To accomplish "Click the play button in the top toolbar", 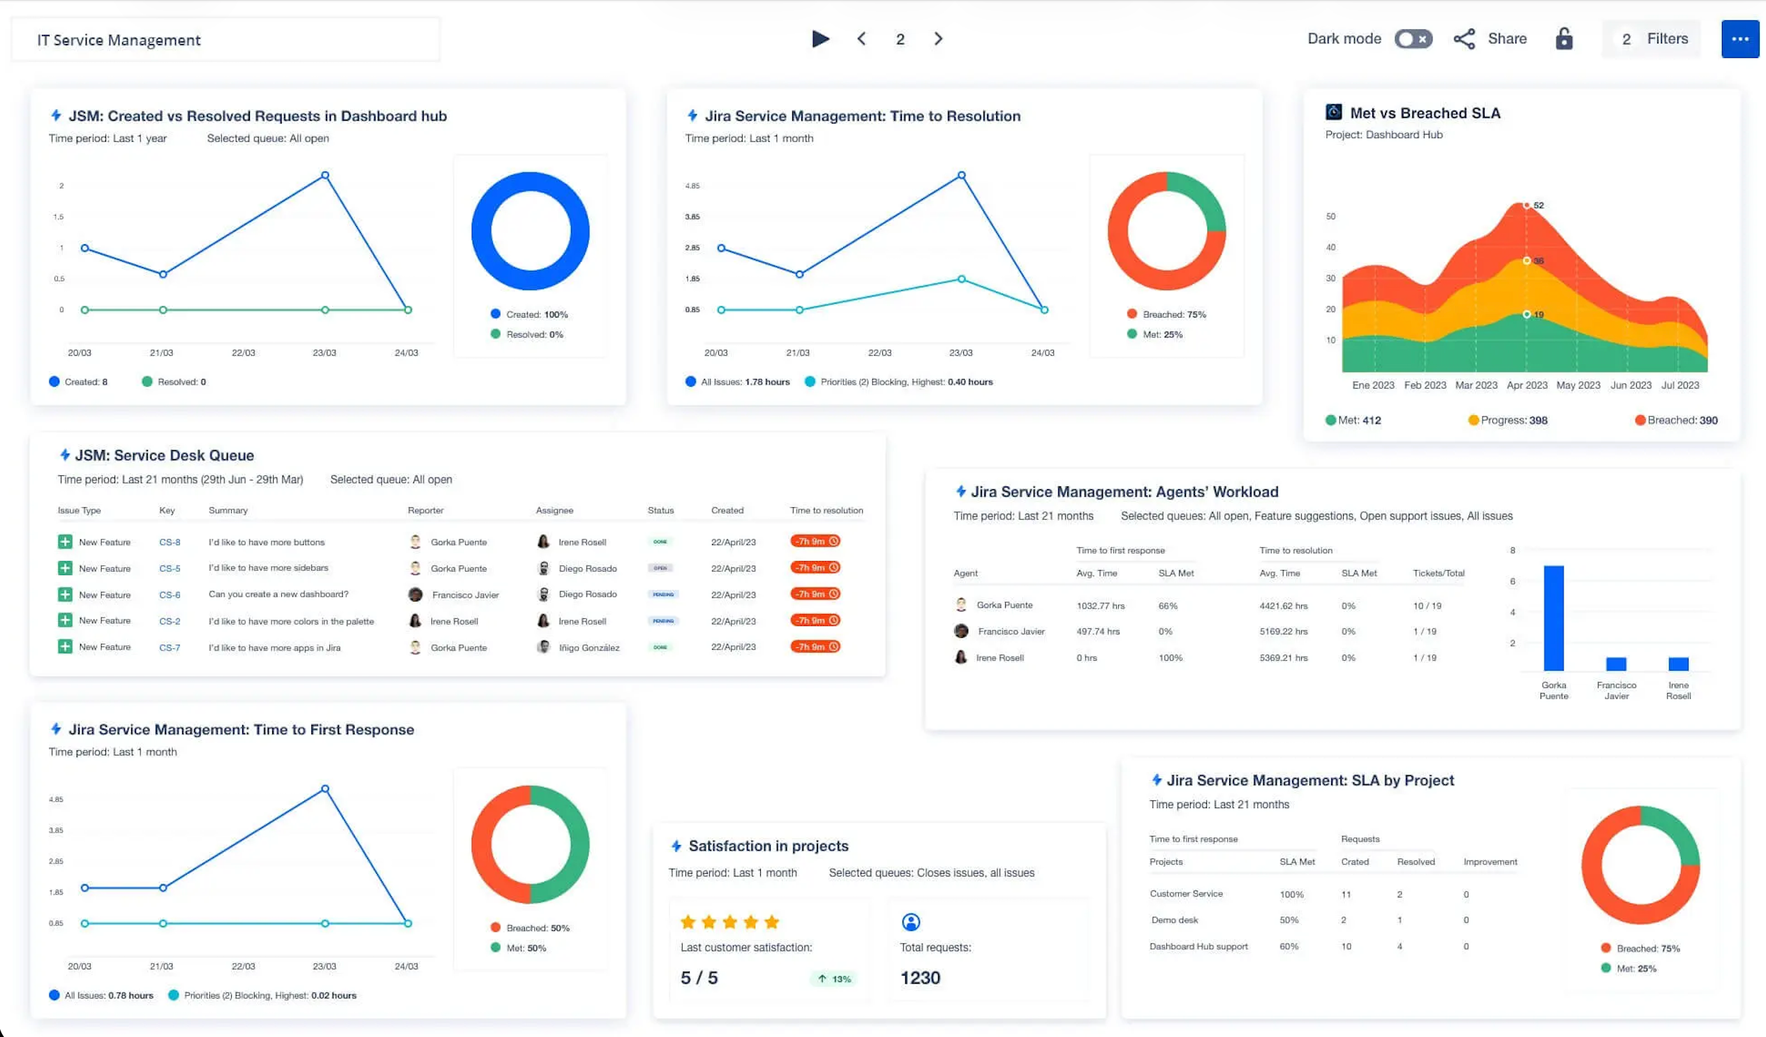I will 820,39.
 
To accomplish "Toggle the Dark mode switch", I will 1413,39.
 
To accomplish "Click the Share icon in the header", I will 1464,39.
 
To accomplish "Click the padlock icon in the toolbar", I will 1564,39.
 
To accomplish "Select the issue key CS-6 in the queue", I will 170,595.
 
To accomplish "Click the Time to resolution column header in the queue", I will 826,510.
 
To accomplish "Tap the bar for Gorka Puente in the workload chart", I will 1553,618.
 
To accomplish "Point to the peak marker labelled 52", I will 1527,205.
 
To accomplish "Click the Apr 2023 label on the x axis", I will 1527,385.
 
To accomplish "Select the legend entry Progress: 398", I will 1508,420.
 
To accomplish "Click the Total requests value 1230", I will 919,978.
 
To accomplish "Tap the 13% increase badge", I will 834,979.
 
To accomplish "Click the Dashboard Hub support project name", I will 1199,946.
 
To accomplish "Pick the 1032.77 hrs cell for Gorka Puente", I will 1100,606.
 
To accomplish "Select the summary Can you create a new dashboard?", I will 279,594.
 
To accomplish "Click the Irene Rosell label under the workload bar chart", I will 1678,690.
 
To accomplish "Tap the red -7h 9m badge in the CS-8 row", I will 815,542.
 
